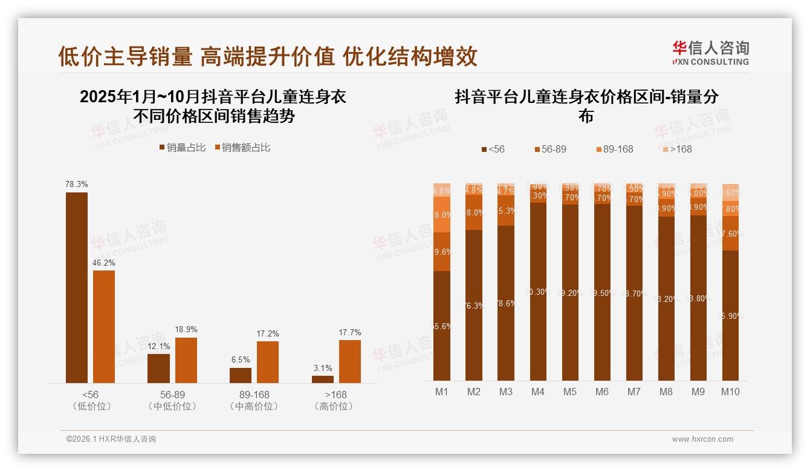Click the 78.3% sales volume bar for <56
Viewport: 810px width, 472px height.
[77, 287]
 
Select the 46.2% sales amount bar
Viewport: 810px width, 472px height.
[104, 327]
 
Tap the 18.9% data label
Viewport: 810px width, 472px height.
[186, 330]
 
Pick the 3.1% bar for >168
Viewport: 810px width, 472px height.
[323, 379]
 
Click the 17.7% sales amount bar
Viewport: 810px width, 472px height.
[350, 361]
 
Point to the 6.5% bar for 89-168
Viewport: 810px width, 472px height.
[241, 375]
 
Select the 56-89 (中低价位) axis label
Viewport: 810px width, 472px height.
[173, 401]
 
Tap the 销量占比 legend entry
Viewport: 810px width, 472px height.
[183, 148]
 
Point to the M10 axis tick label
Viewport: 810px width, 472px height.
[730, 392]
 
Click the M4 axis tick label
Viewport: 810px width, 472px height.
[537, 392]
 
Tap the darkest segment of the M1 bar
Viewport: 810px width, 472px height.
[442, 326]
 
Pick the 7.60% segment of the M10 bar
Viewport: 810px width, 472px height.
[730, 234]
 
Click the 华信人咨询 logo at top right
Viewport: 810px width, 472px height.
[710, 53]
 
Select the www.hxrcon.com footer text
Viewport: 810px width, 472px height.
[702, 439]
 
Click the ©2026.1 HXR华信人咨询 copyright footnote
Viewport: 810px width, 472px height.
[111, 439]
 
